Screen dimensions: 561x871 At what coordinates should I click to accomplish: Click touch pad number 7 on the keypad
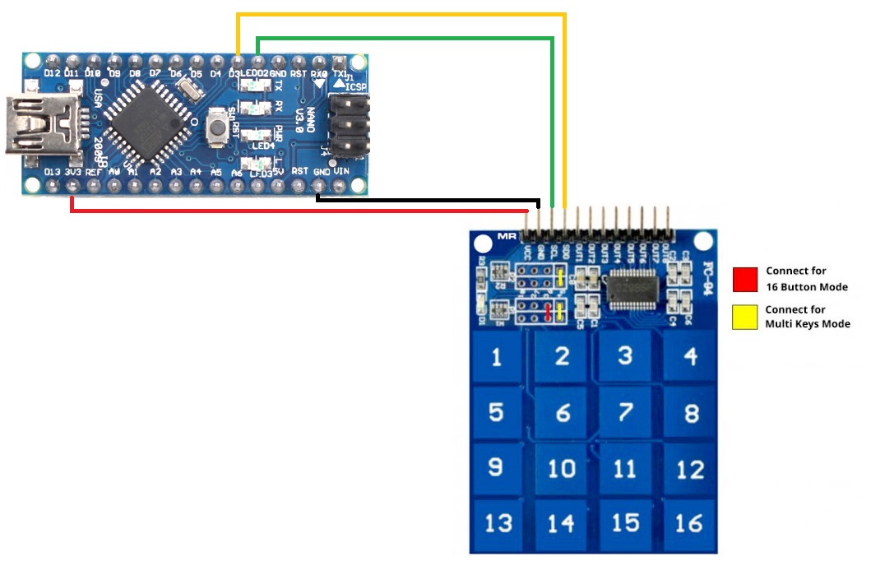coord(626,411)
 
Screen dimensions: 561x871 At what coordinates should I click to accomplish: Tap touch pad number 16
coord(690,523)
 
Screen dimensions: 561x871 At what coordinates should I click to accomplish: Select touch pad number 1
coord(496,357)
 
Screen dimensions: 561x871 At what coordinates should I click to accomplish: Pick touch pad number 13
coord(498,523)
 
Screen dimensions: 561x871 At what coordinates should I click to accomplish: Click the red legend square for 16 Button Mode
coord(744,280)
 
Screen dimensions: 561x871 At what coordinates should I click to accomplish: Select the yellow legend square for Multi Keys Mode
coord(744,318)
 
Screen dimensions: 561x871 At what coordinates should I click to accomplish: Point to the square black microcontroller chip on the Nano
coord(148,120)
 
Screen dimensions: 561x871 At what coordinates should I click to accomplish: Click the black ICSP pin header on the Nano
coord(349,127)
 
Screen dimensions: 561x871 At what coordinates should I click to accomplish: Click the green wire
coord(403,38)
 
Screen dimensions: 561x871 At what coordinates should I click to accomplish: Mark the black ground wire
coord(428,198)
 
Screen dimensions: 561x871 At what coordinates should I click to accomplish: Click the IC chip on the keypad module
coord(632,290)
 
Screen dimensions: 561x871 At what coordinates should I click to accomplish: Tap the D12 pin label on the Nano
coord(53,73)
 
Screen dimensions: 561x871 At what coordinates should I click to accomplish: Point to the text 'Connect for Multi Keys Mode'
coord(807,317)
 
